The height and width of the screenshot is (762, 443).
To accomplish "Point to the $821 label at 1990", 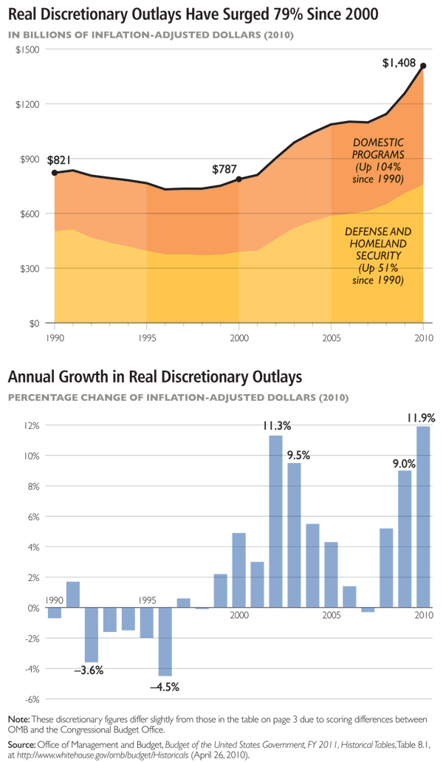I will [x=59, y=159].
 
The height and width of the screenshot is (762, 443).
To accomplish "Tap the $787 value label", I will [x=224, y=169].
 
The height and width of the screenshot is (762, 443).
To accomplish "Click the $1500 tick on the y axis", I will [x=27, y=49].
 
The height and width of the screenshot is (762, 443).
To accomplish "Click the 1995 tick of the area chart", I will [x=146, y=337].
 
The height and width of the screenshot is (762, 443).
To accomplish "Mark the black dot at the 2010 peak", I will [x=423, y=66].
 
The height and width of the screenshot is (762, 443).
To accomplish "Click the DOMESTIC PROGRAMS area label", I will [x=378, y=160].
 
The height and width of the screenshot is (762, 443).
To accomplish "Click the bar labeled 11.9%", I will [x=423, y=517].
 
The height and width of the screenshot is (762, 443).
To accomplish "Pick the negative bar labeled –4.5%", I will [x=165, y=642].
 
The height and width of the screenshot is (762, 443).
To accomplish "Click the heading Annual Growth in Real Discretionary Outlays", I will [x=155, y=377].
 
